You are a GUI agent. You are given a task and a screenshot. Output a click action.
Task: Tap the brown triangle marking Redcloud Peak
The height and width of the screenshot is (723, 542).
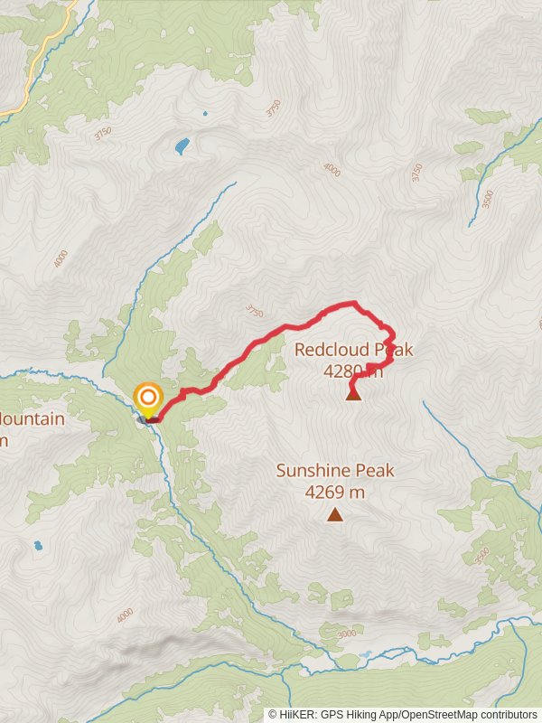[x=353, y=393]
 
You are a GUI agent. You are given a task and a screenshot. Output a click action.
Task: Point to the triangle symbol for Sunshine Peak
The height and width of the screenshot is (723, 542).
[x=335, y=515]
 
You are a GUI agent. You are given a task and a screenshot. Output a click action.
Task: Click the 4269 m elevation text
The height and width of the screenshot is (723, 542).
[x=335, y=493]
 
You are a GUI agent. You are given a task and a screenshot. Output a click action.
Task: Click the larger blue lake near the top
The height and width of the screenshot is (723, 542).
[x=182, y=145]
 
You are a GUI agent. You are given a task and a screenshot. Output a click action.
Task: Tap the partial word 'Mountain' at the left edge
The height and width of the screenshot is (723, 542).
[x=33, y=419]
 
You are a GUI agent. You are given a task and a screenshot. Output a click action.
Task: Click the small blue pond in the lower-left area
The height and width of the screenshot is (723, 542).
[x=37, y=546]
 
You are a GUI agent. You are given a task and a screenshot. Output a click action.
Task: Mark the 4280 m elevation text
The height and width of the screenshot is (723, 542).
[x=353, y=371]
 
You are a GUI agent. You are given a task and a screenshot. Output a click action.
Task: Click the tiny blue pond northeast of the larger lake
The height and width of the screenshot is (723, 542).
[x=205, y=115]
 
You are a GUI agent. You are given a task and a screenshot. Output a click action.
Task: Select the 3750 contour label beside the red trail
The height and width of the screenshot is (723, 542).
[x=254, y=312]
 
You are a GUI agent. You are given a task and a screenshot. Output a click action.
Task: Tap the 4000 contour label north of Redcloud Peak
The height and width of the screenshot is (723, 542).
[x=332, y=169]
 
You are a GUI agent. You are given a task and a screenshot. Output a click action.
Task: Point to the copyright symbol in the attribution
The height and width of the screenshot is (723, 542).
[x=273, y=715]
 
